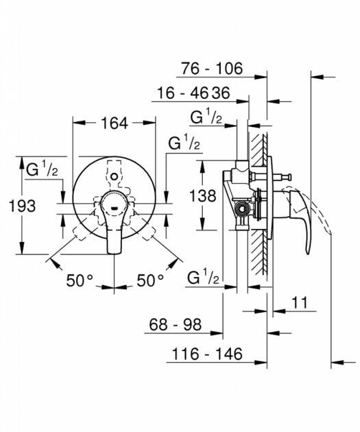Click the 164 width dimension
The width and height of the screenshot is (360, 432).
click(113, 124)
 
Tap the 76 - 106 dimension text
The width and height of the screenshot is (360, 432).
click(213, 69)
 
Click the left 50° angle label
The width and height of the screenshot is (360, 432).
click(80, 280)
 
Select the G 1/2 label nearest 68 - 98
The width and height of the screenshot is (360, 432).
click(204, 278)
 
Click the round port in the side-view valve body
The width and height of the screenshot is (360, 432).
click(241, 208)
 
